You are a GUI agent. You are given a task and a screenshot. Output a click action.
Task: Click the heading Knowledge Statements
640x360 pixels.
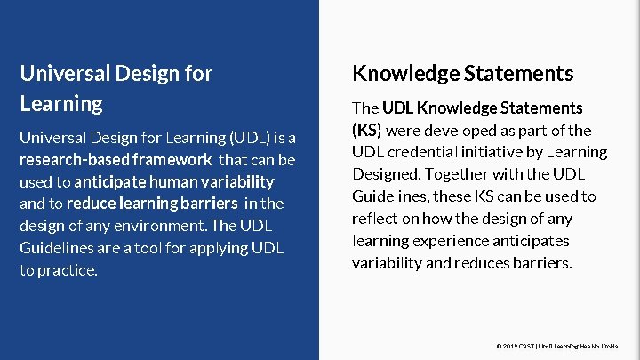tap(462, 73)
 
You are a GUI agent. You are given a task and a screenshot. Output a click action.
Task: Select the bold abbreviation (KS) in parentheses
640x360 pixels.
tap(366, 130)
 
